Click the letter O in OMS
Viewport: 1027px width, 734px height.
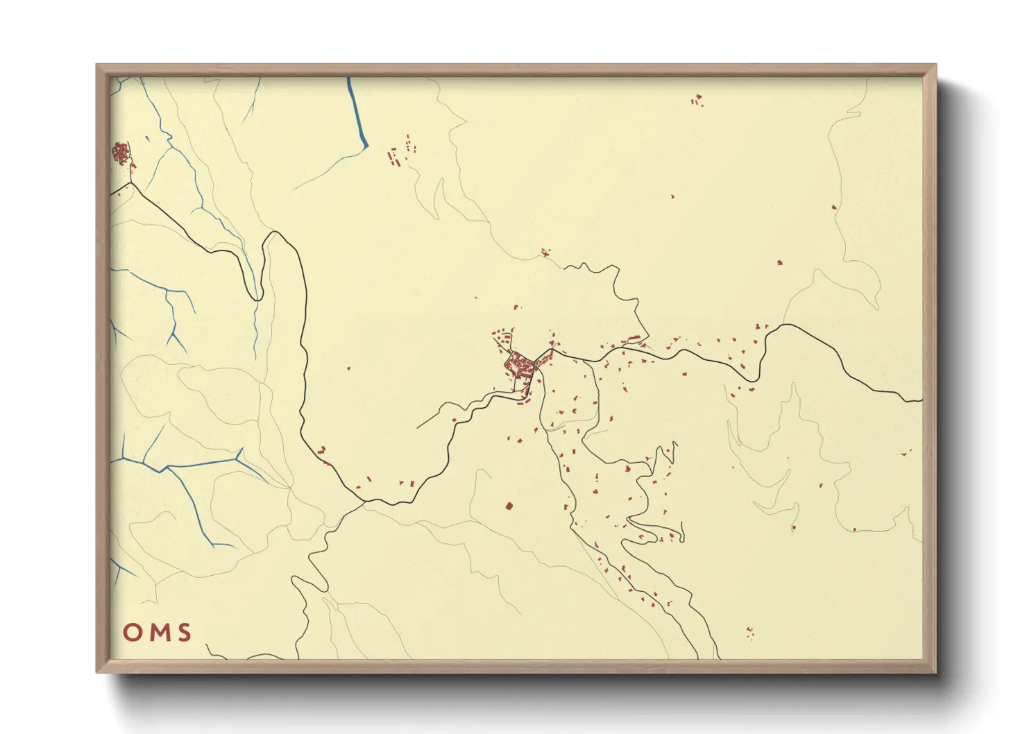point(133,633)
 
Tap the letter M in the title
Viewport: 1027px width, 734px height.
point(158,633)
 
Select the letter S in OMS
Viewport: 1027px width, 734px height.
point(184,633)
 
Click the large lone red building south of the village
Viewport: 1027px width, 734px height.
point(509,506)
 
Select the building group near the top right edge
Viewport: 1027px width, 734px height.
point(697,101)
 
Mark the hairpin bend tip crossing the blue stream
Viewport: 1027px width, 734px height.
point(257,298)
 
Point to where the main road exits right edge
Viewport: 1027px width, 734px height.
point(920,400)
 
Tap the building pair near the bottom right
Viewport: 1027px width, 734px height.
point(749,631)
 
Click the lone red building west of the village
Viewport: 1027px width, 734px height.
point(348,368)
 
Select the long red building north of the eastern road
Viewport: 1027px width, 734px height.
point(632,339)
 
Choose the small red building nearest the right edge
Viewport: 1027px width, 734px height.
point(905,452)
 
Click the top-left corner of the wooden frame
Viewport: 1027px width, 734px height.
point(98,65)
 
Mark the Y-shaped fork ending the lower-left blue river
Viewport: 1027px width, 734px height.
point(239,456)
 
